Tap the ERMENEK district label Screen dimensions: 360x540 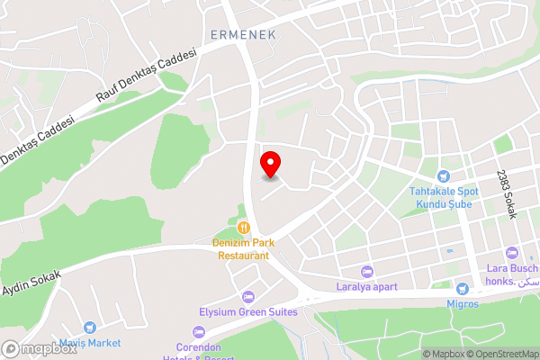click(x=242, y=34)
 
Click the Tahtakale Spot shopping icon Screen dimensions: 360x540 click(x=442, y=176)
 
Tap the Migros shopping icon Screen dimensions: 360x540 click(x=463, y=289)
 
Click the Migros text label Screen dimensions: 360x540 click(x=463, y=303)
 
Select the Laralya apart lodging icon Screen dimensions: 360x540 click(x=366, y=271)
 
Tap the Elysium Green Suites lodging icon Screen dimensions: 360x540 click(x=248, y=297)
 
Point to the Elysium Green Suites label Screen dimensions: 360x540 click(x=248, y=312)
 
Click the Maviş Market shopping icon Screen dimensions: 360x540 click(x=89, y=328)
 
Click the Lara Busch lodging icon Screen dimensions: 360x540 click(x=512, y=253)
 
